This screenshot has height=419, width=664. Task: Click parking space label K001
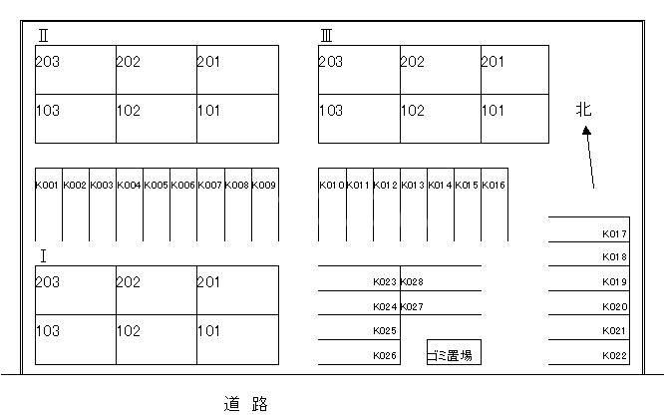pyautogui.click(x=47, y=186)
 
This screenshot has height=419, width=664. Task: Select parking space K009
pyautogui.click(x=263, y=186)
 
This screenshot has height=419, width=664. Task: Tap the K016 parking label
pyautogui.click(x=494, y=186)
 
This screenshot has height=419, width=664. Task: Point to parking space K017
pyautogui.click(x=614, y=233)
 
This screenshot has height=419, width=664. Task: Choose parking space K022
pyautogui.click(x=614, y=356)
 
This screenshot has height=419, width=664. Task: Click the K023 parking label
pyautogui.click(x=385, y=282)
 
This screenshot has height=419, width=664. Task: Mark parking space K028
pyautogui.click(x=412, y=282)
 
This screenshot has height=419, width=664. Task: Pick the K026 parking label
pyautogui.click(x=385, y=356)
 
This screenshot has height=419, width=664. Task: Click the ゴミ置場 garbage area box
pyautogui.click(x=454, y=352)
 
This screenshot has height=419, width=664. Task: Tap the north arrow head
pyautogui.click(x=586, y=131)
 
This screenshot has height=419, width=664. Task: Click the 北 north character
pyautogui.click(x=583, y=110)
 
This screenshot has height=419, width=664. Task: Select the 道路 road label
pyautogui.click(x=246, y=404)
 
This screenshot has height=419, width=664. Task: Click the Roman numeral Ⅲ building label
pyautogui.click(x=326, y=36)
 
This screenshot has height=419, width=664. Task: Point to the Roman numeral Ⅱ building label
pyautogui.click(x=43, y=36)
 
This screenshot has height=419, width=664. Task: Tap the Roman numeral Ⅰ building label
pyautogui.click(x=43, y=256)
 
